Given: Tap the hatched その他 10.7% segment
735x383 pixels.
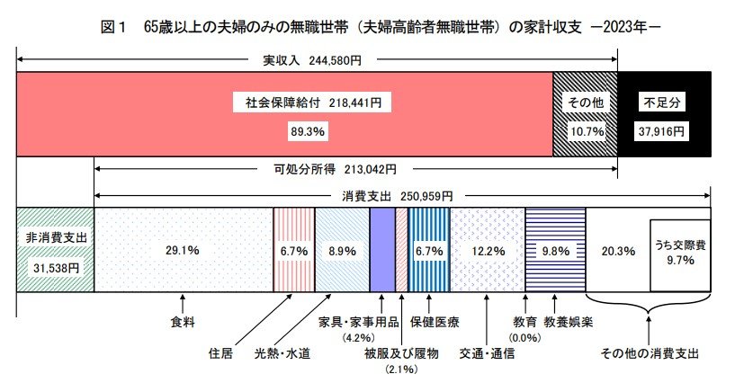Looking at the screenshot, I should [585, 116].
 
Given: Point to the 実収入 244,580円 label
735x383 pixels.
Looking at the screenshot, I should [311, 61].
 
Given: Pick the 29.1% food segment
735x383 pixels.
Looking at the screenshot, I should [184, 251].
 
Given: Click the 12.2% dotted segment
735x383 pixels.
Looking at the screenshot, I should [487, 251].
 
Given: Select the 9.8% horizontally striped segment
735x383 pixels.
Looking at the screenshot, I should [555, 251].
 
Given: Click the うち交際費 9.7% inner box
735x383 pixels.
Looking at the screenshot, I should [679, 253].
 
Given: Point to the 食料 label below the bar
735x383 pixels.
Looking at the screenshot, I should [184, 320].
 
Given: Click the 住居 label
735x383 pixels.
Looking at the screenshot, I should [221, 352].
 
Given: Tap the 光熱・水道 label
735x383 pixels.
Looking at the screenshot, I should [282, 352].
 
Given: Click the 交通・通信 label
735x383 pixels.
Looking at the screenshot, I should [486, 352].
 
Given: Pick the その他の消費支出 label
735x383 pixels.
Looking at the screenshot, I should [650, 352].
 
